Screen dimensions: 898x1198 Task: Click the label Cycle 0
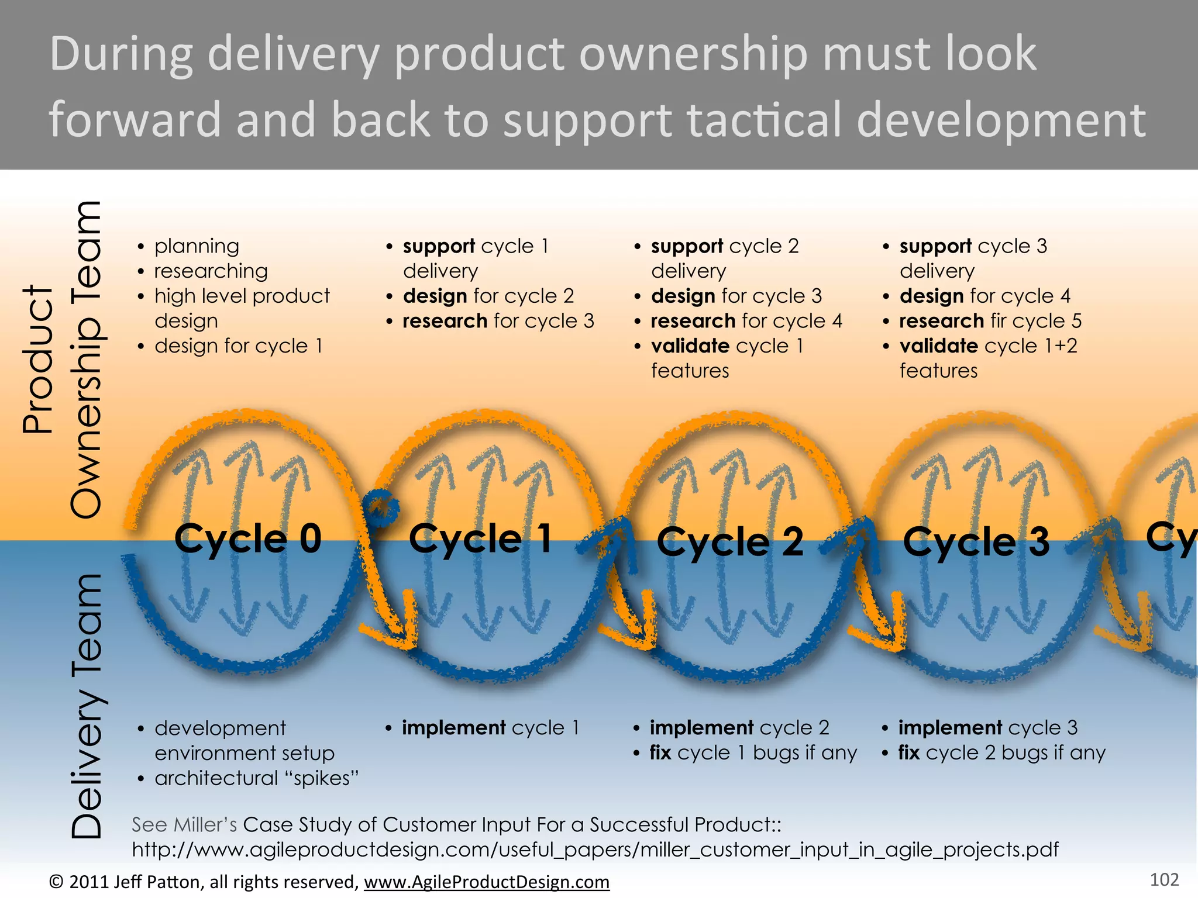point(248,538)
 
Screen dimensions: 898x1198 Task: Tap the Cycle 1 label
point(480,538)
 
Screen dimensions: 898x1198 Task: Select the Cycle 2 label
point(730,542)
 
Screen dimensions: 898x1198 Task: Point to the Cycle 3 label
point(976,542)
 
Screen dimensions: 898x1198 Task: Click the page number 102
point(1164,880)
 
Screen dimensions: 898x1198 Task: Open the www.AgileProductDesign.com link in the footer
point(487,882)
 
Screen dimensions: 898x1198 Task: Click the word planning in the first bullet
point(197,247)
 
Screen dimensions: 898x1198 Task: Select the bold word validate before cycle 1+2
point(939,346)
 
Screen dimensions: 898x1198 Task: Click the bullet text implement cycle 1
point(490,728)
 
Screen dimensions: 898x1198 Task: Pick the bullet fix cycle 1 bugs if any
point(753,753)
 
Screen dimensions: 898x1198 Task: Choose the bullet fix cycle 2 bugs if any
point(1001,753)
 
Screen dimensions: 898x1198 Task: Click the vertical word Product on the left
point(38,360)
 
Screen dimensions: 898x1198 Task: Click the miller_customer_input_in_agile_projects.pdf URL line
point(595,849)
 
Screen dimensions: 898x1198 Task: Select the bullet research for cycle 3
point(498,321)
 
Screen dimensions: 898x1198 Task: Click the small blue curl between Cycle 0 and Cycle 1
point(381,506)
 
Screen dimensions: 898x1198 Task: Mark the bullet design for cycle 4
point(984,296)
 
